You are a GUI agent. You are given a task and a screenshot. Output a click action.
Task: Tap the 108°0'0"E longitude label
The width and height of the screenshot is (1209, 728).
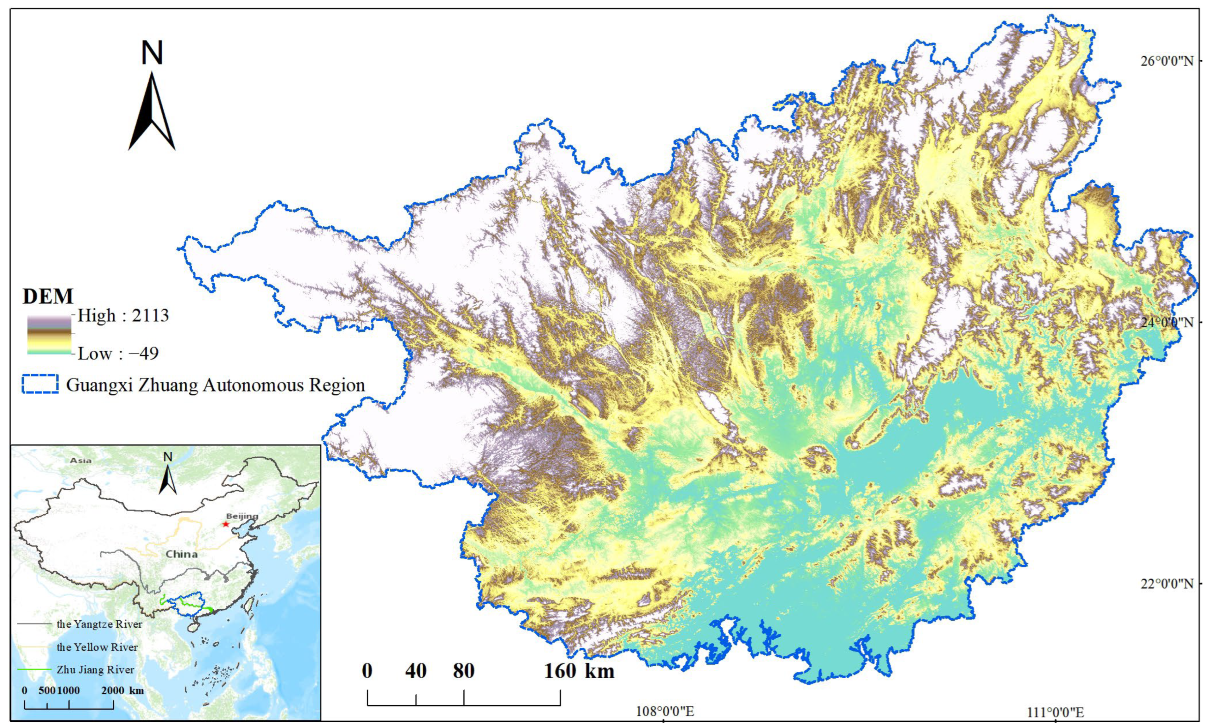[665, 711]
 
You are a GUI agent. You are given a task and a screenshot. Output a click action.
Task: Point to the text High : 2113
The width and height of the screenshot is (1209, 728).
[123, 316]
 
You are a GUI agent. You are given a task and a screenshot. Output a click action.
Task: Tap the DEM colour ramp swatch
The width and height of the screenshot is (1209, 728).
[49, 335]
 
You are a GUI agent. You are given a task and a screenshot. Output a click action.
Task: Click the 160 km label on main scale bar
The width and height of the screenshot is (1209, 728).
[579, 671]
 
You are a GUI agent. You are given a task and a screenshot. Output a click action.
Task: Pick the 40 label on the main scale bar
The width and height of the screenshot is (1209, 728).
[416, 671]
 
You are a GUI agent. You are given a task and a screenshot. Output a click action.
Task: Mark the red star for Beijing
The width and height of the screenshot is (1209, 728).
[226, 524]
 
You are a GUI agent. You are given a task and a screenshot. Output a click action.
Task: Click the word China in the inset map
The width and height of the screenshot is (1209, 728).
[181, 554]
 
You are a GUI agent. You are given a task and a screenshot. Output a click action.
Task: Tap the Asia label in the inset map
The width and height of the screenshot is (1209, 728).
[80, 460]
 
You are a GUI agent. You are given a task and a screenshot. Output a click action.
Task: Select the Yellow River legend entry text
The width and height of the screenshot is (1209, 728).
[97, 647]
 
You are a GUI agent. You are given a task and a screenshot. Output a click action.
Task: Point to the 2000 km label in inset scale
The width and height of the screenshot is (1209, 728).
[123, 690]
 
